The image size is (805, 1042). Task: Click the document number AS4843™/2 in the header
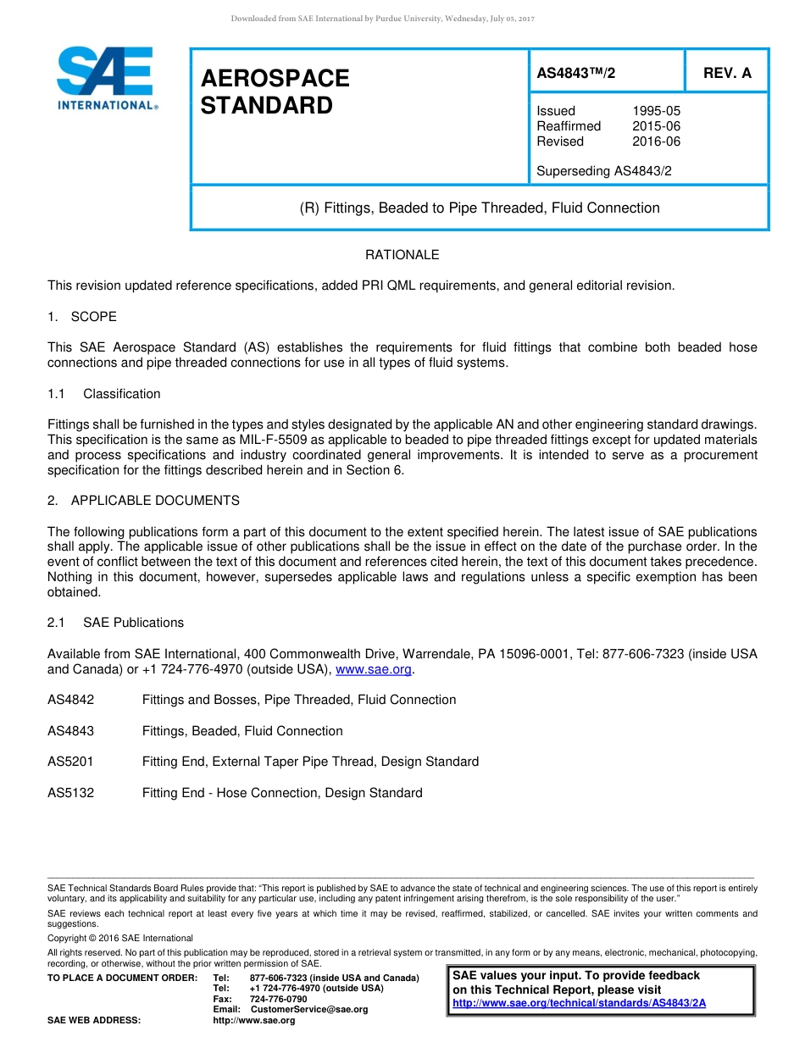(x=576, y=74)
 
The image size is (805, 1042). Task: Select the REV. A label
(x=727, y=74)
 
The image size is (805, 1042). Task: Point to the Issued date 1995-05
(x=656, y=111)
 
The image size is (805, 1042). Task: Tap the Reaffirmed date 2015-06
(x=656, y=126)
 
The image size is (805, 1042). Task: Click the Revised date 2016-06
(x=656, y=141)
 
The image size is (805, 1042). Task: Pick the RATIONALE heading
(x=402, y=255)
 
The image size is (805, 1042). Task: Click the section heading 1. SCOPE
(x=82, y=317)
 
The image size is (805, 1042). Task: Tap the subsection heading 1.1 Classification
(x=104, y=394)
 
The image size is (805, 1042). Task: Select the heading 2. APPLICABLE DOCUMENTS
(x=143, y=501)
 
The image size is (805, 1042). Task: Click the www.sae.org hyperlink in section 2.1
(x=374, y=670)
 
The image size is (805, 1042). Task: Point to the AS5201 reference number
(x=70, y=762)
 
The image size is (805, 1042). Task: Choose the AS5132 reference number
(x=70, y=793)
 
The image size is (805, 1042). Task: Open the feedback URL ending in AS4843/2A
(x=579, y=1003)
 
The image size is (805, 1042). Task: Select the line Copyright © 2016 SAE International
(x=120, y=939)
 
